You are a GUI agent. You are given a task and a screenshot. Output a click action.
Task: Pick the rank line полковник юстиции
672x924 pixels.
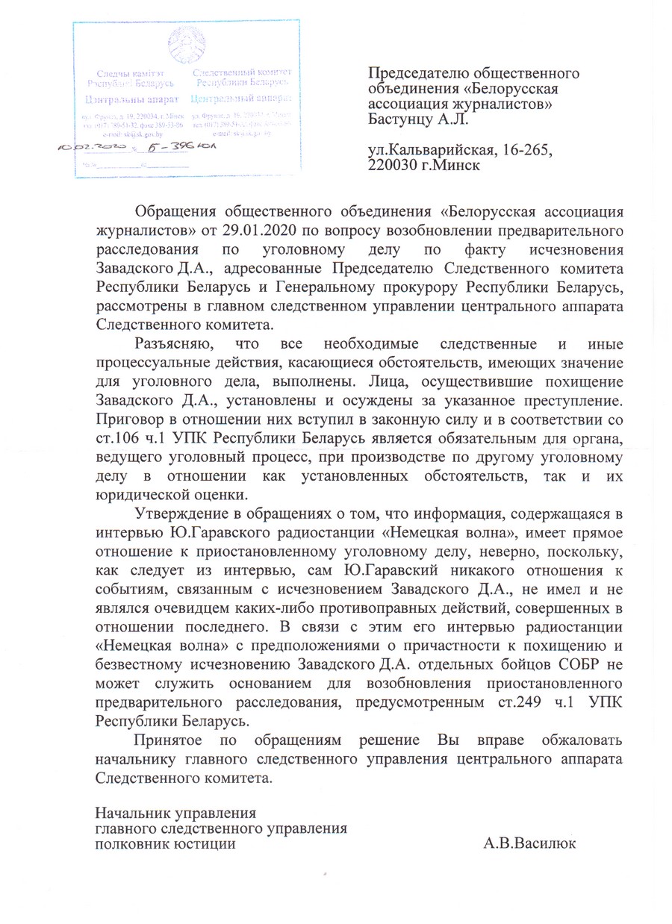pos(166,844)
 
